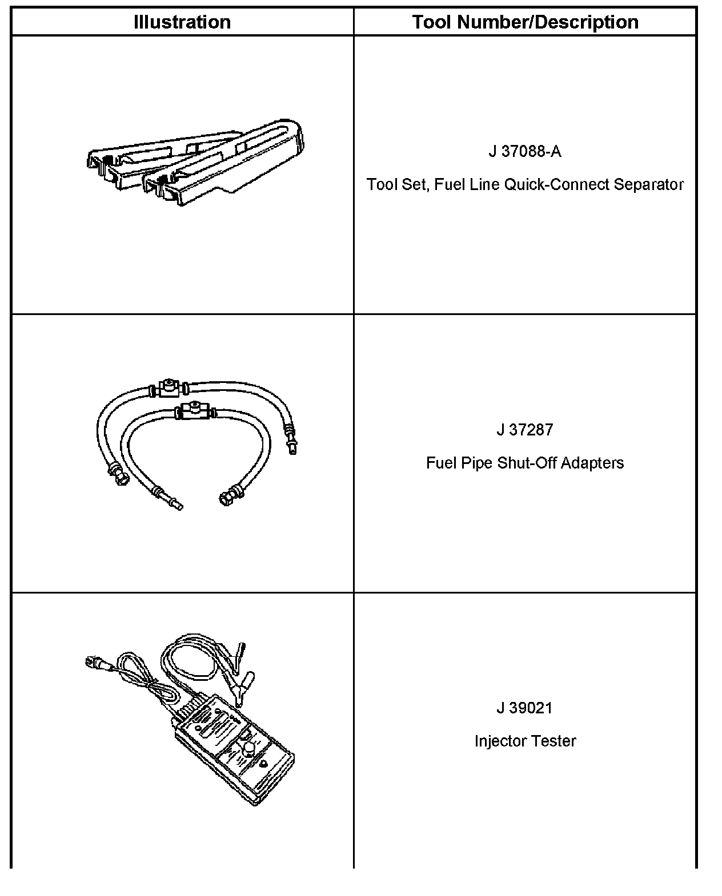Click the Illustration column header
pos(182,22)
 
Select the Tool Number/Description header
pos(525,22)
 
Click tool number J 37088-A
pos(525,151)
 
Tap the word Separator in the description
pos(648,185)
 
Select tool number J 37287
pos(525,430)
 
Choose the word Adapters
pos(592,463)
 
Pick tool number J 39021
pos(525,708)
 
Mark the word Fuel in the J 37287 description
pos(438,463)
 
